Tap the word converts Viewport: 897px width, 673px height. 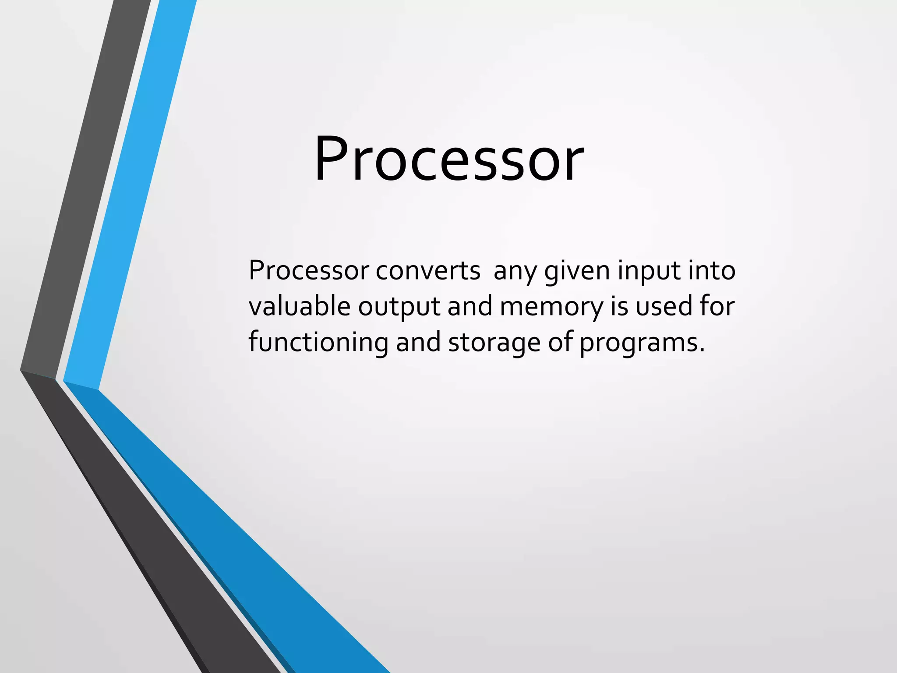click(428, 270)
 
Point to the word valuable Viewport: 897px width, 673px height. click(299, 306)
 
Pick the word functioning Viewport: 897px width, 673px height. click(318, 342)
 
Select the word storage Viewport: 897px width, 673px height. click(494, 343)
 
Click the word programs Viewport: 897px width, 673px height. click(638, 343)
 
